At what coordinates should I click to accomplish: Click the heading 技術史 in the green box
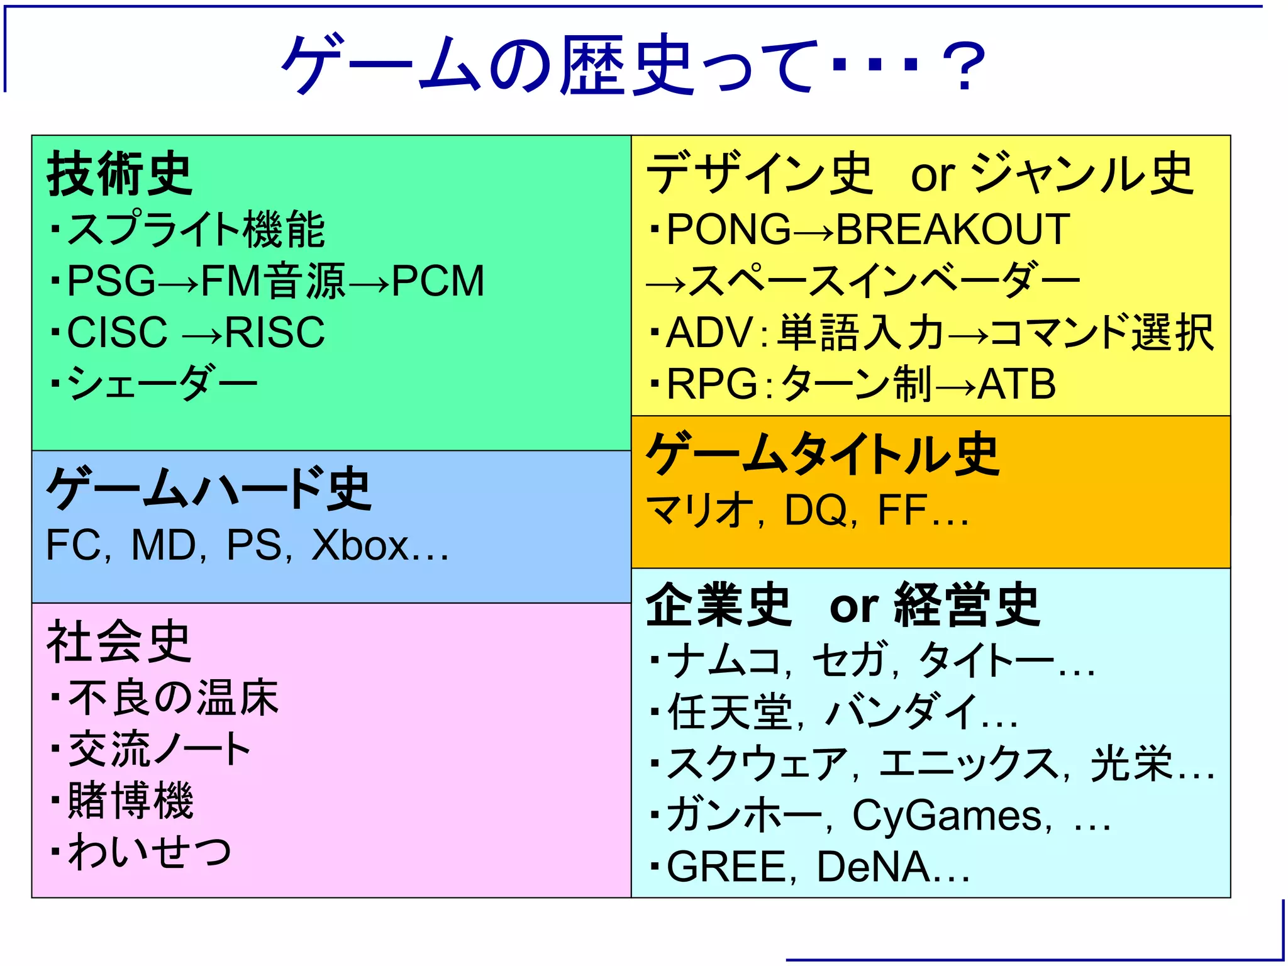119,174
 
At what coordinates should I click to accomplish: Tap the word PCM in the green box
438,280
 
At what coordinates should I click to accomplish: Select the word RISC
275,332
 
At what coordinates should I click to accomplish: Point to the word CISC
118,332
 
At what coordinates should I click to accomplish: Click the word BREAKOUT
953,229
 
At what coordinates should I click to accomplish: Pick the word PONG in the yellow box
728,229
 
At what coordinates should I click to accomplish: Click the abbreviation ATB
1017,384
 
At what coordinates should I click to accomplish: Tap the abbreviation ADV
709,332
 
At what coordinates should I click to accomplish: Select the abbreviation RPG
712,384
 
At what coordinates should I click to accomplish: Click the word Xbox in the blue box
360,545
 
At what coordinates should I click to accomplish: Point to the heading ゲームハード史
209,489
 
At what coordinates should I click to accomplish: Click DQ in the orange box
815,509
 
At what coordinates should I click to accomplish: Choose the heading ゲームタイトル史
823,454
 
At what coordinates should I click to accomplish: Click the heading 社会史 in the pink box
119,641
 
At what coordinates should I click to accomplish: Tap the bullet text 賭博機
131,801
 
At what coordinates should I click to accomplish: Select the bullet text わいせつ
150,852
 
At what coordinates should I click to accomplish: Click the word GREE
726,867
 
